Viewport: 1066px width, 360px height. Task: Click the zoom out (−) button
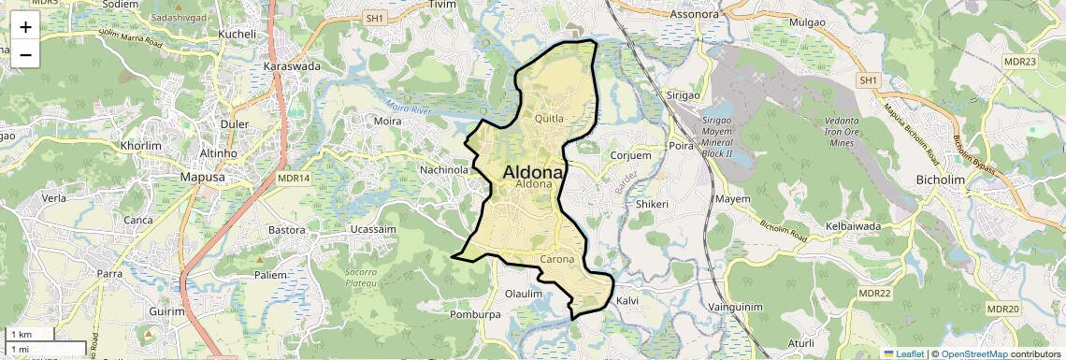pyautogui.click(x=25, y=55)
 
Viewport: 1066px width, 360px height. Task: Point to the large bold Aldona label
pyautogui.click(x=533, y=172)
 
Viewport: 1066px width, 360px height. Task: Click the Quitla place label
pyautogui.click(x=549, y=119)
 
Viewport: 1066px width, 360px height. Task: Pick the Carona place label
pyautogui.click(x=556, y=259)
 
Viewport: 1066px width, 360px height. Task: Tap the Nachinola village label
pyautogui.click(x=444, y=170)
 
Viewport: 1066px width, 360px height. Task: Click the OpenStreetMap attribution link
pyautogui.click(x=973, y=353)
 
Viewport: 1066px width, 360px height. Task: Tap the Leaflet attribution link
pyautogui.click(x=902, y=353)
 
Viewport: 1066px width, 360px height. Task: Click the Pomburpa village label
pyautogui.click(x=476, y=315)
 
